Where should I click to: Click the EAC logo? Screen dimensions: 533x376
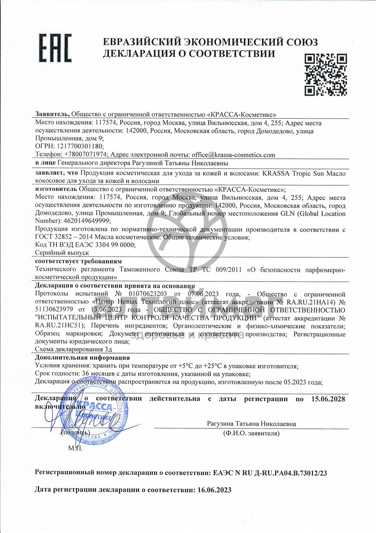(56, 47)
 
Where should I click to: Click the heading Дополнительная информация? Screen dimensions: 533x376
(82, 358)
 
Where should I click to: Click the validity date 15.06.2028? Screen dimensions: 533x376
(328, 399)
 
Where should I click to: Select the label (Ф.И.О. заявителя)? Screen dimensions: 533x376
(251, 433)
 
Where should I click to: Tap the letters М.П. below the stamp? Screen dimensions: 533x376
(75, 449)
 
